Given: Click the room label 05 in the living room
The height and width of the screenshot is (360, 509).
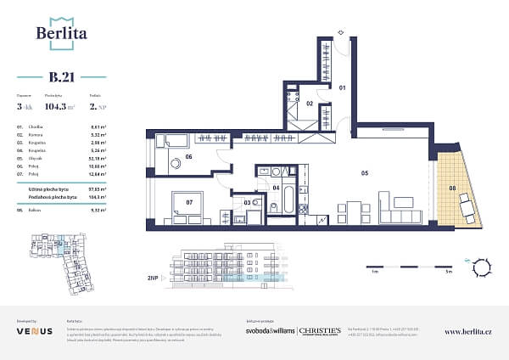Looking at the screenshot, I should (363, 172).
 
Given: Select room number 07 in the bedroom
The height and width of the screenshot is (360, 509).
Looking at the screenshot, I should (188, 202).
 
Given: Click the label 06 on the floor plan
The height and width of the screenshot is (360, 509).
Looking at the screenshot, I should (189, 156).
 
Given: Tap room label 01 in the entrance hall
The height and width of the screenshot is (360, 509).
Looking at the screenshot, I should (344, 87).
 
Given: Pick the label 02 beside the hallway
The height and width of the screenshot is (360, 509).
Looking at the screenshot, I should (310, 104).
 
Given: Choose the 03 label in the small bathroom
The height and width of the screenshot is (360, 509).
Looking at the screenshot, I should (247, 202).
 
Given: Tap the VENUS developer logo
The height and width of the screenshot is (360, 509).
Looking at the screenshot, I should (35, 330).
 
